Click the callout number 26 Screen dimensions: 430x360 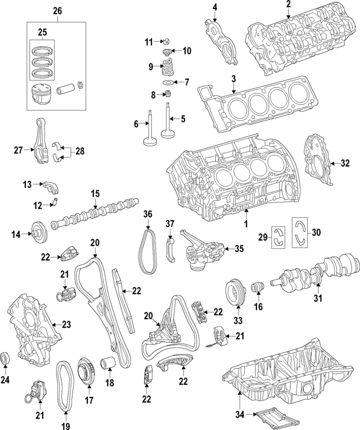(57, 11)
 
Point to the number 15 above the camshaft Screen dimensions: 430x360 (94, 194)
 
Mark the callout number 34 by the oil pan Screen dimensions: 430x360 (238, 415)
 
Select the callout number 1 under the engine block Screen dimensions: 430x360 (245, 224)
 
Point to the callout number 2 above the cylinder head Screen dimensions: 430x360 (288, 5)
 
